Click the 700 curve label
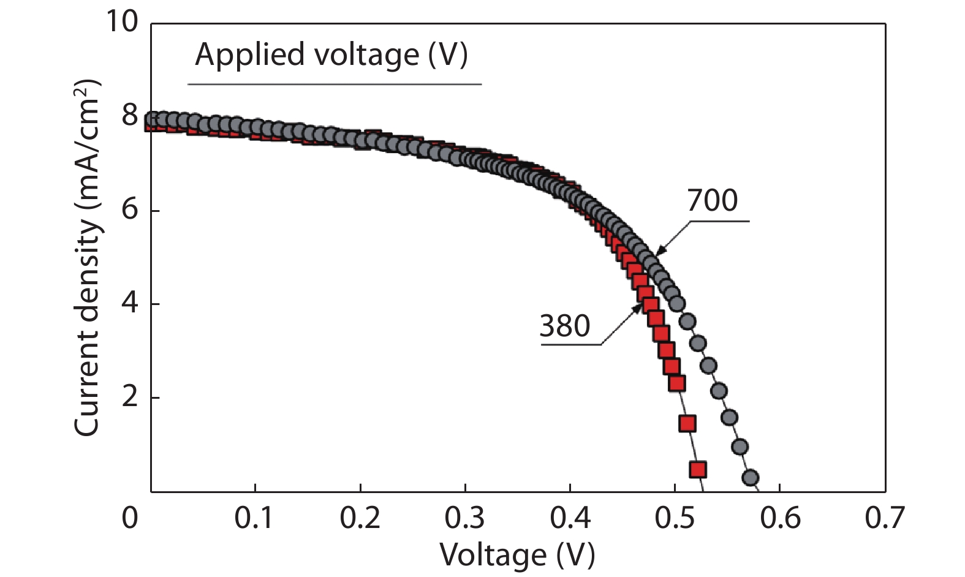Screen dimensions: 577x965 [712, 201]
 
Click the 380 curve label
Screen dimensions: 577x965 [564, 326]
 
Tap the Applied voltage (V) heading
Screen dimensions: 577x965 [331, 55]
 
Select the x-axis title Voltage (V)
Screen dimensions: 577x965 [517, 555]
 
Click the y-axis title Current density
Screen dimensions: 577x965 [87, 257]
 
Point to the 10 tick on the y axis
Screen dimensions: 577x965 [123, 22]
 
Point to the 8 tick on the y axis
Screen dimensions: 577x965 [130, 115]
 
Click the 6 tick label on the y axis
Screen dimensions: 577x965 [130, 210]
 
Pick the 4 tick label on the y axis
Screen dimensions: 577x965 [130, 304]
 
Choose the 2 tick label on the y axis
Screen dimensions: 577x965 [130, 398]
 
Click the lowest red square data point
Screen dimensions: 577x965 [698, 470]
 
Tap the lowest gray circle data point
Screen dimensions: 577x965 [751, 477]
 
